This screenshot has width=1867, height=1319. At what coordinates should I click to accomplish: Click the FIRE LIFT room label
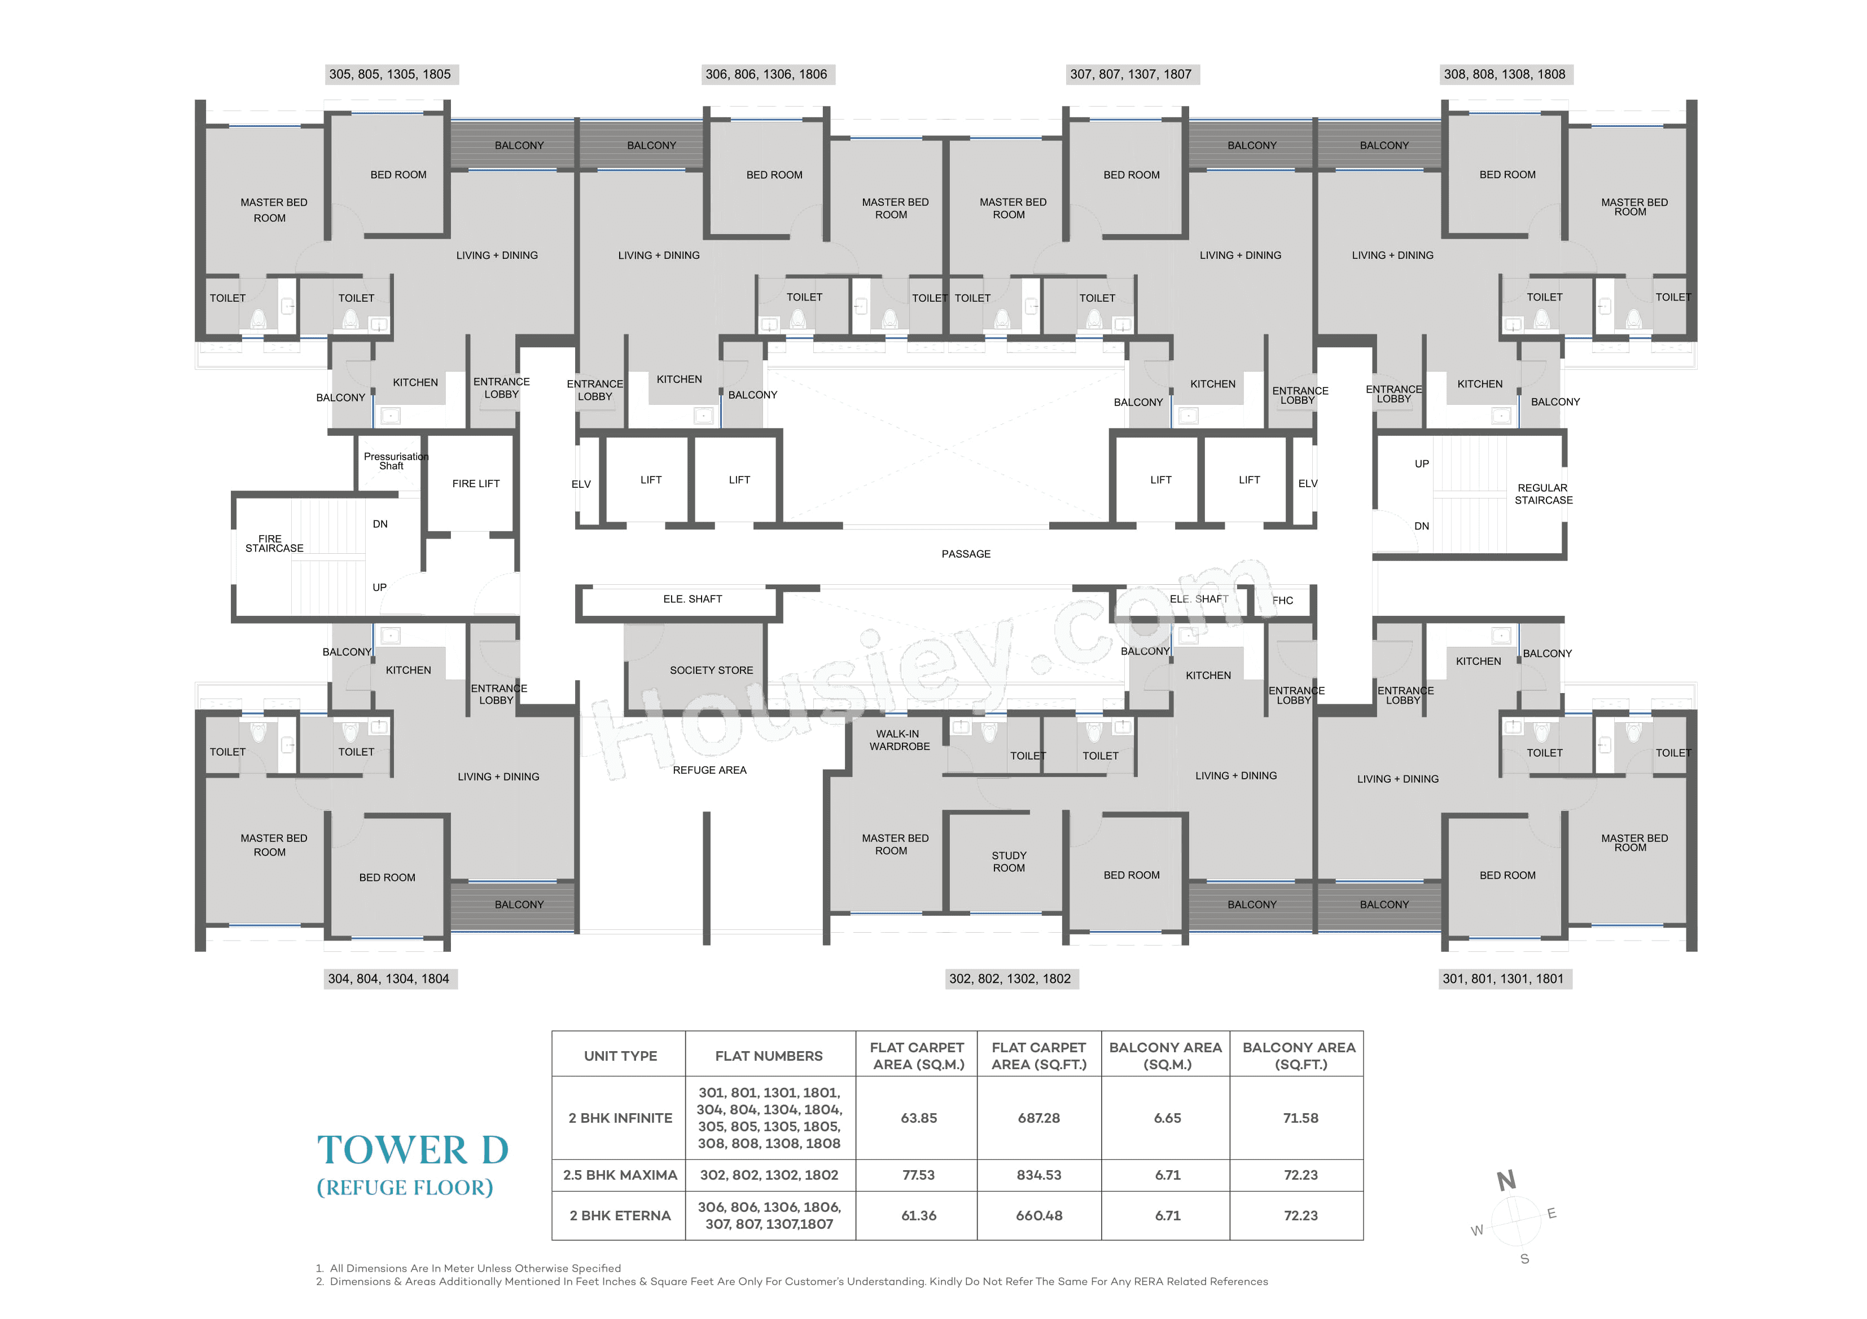click(476, 483)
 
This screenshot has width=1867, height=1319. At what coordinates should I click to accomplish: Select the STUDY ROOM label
click(1009, 862)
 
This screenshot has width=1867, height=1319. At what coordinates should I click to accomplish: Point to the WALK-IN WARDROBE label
click(899, 739)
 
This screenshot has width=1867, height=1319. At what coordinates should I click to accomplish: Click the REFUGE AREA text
click(709, 770)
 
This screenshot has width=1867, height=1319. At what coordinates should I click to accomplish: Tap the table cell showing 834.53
click(1038, 1175)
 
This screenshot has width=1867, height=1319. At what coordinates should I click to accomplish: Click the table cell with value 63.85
click(918, 1118)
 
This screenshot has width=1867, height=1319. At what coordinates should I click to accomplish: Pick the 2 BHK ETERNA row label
click(620, 1216)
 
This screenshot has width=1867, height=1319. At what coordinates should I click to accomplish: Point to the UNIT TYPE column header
click(620, 1056)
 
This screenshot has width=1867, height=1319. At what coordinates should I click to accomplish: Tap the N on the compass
click(1506, 1180)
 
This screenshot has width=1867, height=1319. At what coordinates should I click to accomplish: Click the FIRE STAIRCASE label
click(273, 544)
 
